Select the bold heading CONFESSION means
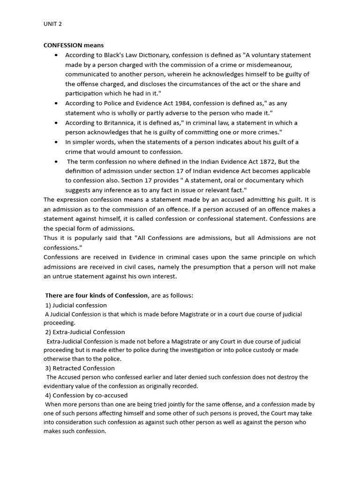coord(74,45)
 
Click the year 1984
coord(181,104)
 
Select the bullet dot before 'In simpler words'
coord(56,142)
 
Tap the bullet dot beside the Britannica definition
coord(56,123)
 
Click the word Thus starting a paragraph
coord(51,238)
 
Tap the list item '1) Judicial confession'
coord(76,305)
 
